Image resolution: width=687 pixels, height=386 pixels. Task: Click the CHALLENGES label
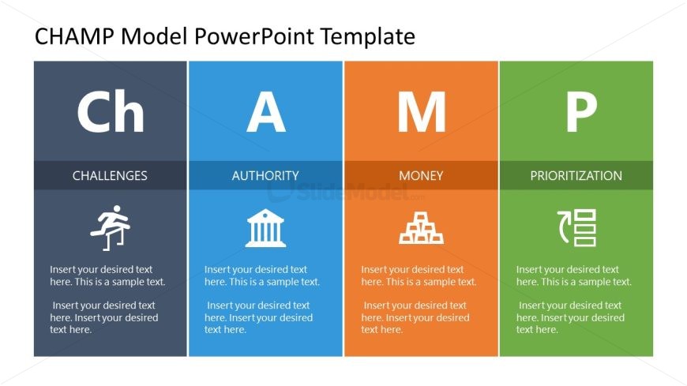coord(110,175)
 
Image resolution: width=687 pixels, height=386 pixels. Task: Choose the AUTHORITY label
coord(265,175)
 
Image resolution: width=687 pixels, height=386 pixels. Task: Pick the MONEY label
coord(421,175)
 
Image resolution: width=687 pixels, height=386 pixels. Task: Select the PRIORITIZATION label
coord(576,175)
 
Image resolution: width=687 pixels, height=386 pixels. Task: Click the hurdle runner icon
coord(110,227)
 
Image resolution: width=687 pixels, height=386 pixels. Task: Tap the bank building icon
coord(265,228)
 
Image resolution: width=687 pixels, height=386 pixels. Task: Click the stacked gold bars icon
coord(421,228)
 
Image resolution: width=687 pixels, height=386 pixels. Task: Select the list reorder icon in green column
coord(576,228)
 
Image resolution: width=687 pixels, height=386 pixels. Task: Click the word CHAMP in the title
coord(72,36)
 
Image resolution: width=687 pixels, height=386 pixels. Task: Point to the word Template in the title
coord(368,36)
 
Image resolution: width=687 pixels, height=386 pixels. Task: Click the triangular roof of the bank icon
coord(265,215)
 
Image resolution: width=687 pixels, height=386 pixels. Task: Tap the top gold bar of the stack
coord(421,216)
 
